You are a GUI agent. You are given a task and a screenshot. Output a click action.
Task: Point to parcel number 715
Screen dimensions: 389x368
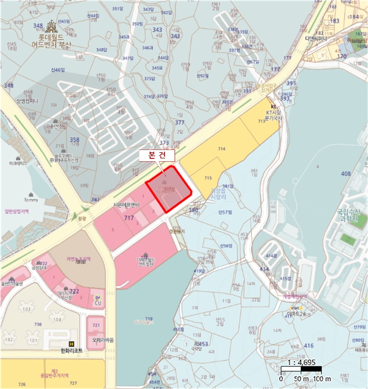tap(208, 178)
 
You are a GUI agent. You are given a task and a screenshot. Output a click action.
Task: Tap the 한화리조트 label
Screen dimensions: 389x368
tap(71, 351)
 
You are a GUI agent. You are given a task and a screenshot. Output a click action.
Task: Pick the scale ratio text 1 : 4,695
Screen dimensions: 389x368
tap(301, 362)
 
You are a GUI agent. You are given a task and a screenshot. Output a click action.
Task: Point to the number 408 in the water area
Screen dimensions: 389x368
tap(346, 174)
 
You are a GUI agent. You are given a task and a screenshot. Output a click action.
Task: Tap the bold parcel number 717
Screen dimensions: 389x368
tap(130, 217)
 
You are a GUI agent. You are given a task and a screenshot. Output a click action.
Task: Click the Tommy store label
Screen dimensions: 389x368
tap(31, 200)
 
